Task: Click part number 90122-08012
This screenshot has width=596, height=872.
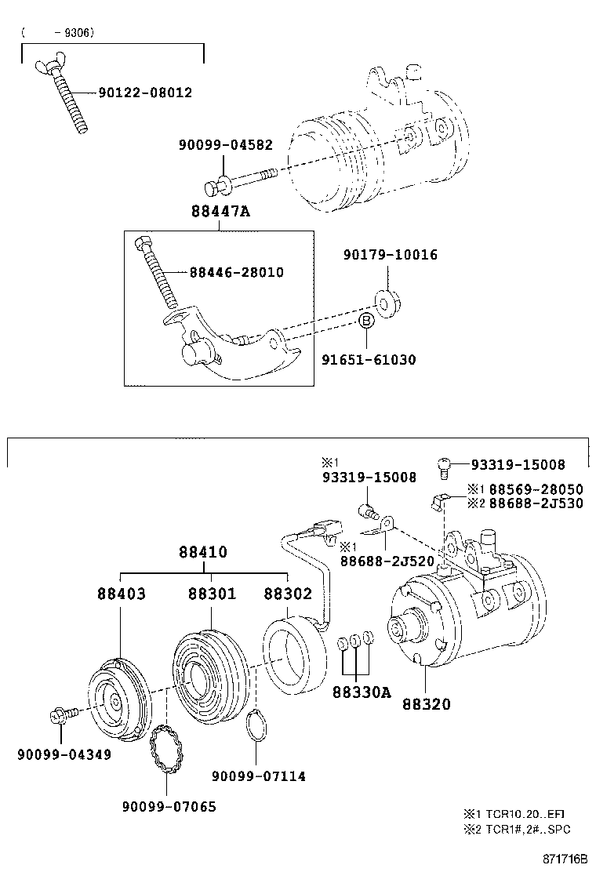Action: coord(146,93)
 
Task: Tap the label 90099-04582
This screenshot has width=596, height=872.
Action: coord(226,144)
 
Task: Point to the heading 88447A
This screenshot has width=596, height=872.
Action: coord(220,211)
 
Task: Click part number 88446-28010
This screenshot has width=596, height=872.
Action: coord(237,273)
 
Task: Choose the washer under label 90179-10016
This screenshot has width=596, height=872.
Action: coord(388,304)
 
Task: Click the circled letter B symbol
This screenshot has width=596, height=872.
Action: coord(365,321)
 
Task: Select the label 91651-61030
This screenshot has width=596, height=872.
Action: coord(369,360)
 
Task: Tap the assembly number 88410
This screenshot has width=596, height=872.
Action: coord(203,552)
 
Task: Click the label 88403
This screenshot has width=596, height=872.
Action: coord(122,594)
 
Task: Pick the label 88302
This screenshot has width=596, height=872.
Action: coord(288,594)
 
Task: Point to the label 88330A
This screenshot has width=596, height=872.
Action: coord(362,692)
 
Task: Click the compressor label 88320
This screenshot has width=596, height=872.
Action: coord(427,704)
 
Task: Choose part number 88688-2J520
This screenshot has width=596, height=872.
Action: coord(387,561)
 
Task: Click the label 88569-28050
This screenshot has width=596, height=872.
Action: coord(536,489)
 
